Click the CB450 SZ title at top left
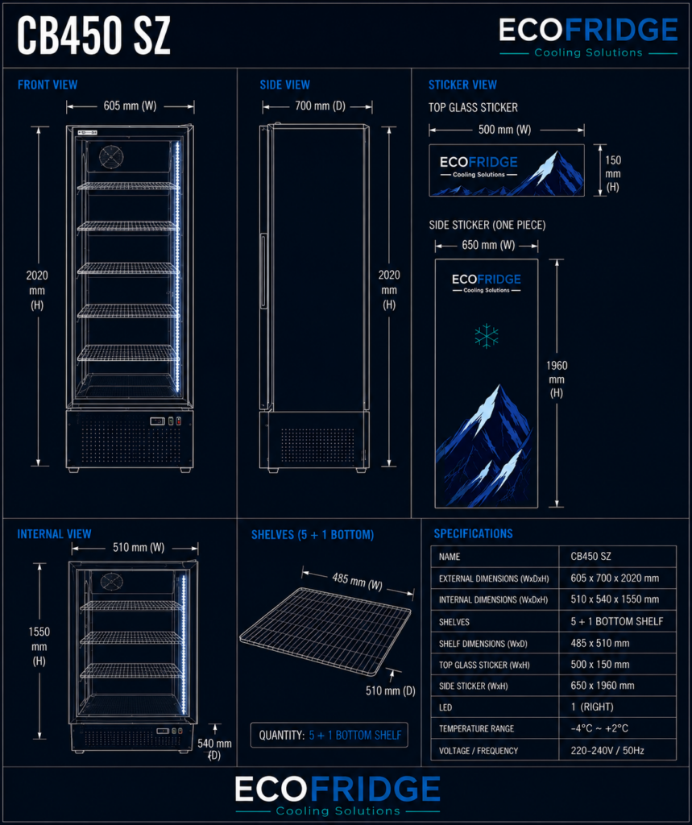point(93,35)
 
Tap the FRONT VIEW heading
point(48,85)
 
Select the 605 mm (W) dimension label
point(130,106)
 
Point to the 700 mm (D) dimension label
point(320,106)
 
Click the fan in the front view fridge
point(111,156)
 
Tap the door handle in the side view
point(263,271)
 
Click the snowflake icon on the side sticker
point(487,336)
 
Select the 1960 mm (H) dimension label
point(557,379)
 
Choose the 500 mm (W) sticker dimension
point(504,130)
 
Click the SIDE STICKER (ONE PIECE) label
point(487,226)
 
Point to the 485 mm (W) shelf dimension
point(358,582)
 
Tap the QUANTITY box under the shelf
point(329,735)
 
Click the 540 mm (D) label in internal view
point(214,749)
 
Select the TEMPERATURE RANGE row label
point(476,728)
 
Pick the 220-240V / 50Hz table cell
point(607,750)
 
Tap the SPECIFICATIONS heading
point(473,534)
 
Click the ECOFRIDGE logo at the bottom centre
point(338,794)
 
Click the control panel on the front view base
point(166,421)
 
